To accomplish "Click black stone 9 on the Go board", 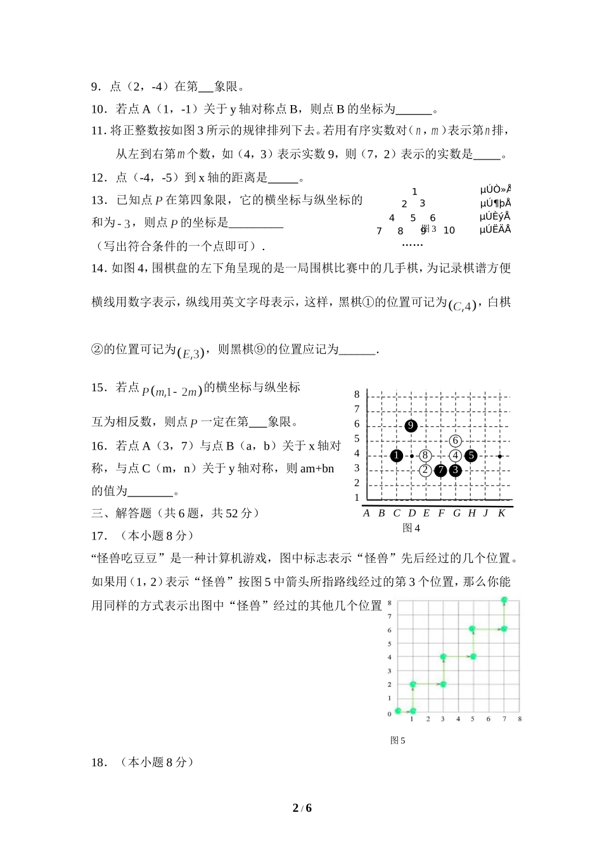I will [x=411, y=425].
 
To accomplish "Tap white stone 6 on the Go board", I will [x=455, y=441].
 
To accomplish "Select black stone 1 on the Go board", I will [x=397, y=456].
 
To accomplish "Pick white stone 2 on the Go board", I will [x=425, y=470].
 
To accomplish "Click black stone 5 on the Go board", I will [x=471, y=456].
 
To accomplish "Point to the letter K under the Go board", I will [x=501, y=513].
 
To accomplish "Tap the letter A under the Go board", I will [x=366, y=513].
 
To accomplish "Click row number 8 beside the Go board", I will [x=357, y=394].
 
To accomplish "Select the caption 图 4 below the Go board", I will [x=411, y=528].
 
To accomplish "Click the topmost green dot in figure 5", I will [x=504, y=600].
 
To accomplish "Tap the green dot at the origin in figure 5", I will [x=398, y=711].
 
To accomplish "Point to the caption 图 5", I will [x=397, y=740].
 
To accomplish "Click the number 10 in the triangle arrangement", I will [x=449, y=230].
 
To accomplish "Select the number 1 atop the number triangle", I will [x=414, y=191].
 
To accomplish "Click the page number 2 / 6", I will [x=302, y=808].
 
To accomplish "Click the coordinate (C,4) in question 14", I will [x=462, y=306].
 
